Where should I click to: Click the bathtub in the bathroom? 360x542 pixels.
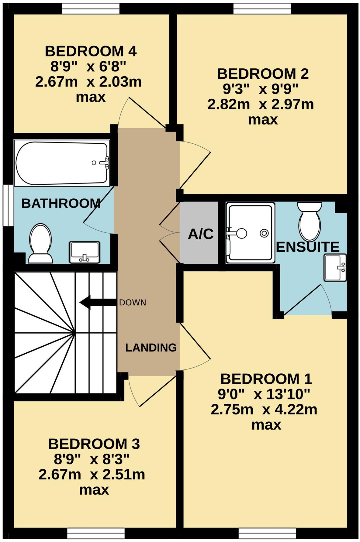pyautogui.click(x=62, y=163)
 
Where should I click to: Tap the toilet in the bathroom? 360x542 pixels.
pyautogui.click(x=40, y=243)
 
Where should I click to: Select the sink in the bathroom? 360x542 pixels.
pyautogui.click(x=85, y=252)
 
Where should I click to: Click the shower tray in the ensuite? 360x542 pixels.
pyautogui.click(x=250, y=233)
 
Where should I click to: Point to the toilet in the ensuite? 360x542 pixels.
pyautogui.click(x=310, y=222)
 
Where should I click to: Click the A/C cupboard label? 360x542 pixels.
pyautogui.click(x=201, y=234)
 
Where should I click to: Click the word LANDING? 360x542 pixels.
pyautogui.click(x=151, y=347)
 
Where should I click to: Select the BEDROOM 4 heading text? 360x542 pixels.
pyautogui.click(x=91, y=51)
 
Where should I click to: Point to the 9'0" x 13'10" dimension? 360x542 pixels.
pyautogui.click(x=264, y=394)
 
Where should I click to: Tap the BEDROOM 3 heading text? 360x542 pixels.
pyautogui.click(x=94, y=444)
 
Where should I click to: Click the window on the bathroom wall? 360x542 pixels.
pyautogui.click(x=8, y=205)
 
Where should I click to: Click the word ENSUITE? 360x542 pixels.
pyautogui.click(x=307, y=247)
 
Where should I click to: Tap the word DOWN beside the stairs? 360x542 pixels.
pyautogui.click(x=133, y=303)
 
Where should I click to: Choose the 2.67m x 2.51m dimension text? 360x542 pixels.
pyautogui.click(x=92, y=475)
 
